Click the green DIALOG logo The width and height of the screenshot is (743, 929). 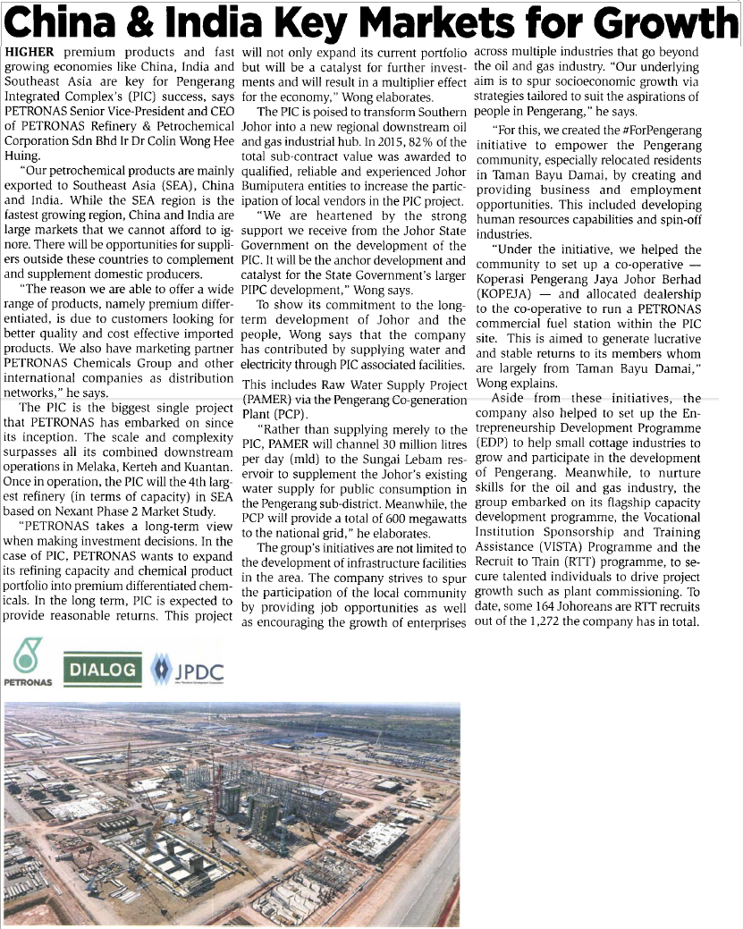pos(104,669)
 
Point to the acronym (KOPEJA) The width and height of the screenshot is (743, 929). pos(508,292)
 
